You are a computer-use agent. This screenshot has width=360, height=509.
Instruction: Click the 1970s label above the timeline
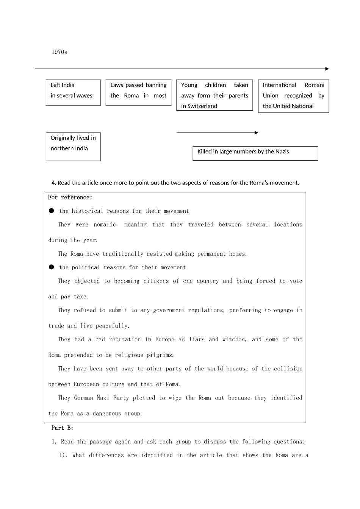(x=59, y=52)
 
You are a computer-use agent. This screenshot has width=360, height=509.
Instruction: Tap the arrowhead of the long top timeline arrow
(x=327, y=69)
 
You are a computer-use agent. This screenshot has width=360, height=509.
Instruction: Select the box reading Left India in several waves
(x=73, y=92)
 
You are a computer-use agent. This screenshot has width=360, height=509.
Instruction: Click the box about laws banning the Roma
(x=138, y=92)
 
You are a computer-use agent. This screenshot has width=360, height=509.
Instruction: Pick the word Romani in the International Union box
(x=315, y=85)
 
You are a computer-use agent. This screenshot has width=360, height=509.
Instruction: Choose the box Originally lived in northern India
(x=73, y=147)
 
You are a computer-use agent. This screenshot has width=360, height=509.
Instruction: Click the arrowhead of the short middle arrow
(x=257, y=133)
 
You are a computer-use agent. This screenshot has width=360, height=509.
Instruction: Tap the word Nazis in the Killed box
(x=282, y=151)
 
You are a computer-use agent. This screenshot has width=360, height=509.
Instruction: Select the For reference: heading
(x=70, y=197)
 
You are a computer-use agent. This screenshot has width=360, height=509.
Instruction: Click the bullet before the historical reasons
(x=52, y=211)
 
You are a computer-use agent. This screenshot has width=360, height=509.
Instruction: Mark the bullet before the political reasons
(x=52, y=267)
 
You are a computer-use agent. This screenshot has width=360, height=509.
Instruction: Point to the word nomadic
(x=106, y=225)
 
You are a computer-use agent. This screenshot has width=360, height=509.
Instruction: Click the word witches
(x=234, y=339)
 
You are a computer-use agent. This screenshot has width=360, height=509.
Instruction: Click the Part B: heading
(x=63, y=428)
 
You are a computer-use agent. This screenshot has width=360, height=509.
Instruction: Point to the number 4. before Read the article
(x=54, y=183)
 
